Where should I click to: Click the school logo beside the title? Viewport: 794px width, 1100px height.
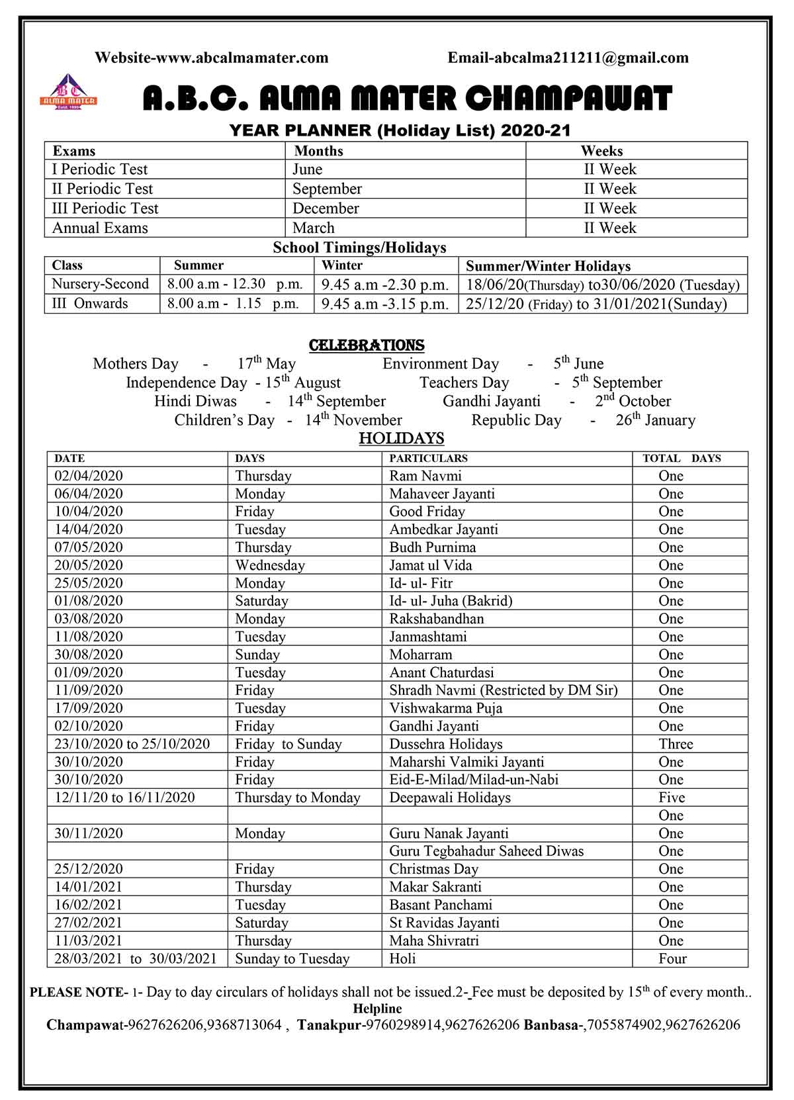[68, 92]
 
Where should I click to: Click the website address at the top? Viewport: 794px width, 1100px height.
[211, 58]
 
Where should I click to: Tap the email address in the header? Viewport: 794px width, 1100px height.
[568, 58]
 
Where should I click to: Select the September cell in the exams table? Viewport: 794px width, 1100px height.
[327, 189]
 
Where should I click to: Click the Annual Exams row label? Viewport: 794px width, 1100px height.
[100, 228]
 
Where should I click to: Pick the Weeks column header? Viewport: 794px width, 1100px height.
[601, 151]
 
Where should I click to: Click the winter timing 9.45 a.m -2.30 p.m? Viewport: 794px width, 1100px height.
[384, 285]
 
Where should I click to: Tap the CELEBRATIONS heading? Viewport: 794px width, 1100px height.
[367, 345]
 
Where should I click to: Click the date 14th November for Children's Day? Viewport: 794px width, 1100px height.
[353, 420]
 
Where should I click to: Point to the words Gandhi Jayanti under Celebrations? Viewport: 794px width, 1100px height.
[491, 402]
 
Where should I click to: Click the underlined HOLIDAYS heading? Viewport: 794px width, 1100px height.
[401, 439]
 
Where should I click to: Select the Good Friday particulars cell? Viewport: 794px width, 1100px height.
[427, 512]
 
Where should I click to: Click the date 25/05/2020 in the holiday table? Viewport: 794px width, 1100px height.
[89, 583]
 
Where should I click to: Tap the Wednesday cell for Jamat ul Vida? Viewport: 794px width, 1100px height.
[270, 565]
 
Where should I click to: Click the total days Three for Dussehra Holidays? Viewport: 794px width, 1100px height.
[676, 744]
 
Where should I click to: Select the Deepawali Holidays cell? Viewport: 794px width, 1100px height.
[450, 798]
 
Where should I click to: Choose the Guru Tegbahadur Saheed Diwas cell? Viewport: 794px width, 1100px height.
[486, 851]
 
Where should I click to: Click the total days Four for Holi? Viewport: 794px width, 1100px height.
[672, 958]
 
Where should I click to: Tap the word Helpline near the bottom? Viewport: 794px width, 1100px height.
[377, 1009]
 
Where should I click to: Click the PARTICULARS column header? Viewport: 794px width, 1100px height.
[428, 459]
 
